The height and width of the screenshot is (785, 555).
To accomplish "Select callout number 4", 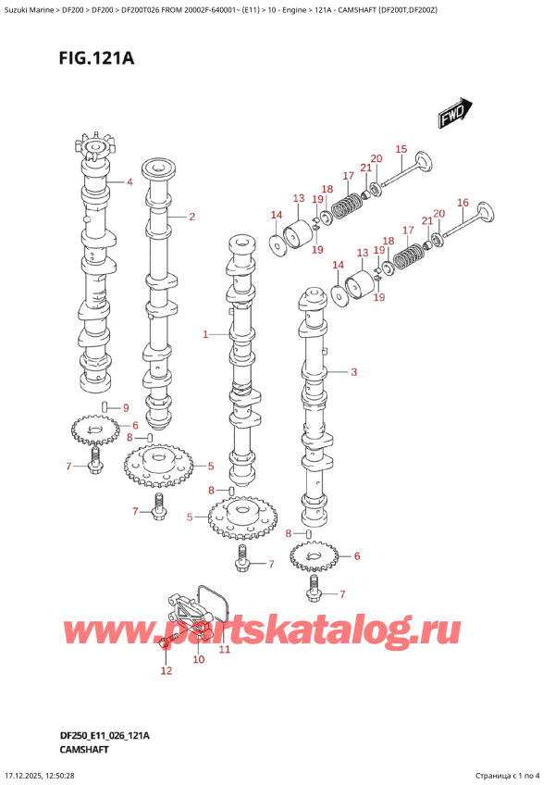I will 130,182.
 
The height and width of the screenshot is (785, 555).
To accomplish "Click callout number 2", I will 191,218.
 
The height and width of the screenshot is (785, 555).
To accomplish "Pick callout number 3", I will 353,373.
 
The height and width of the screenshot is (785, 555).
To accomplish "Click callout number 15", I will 401,149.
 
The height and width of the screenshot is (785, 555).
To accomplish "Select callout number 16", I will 463,203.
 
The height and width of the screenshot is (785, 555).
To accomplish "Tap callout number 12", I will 166,671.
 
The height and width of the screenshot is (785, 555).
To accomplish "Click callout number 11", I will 223,650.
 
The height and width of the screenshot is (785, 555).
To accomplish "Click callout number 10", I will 198,660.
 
